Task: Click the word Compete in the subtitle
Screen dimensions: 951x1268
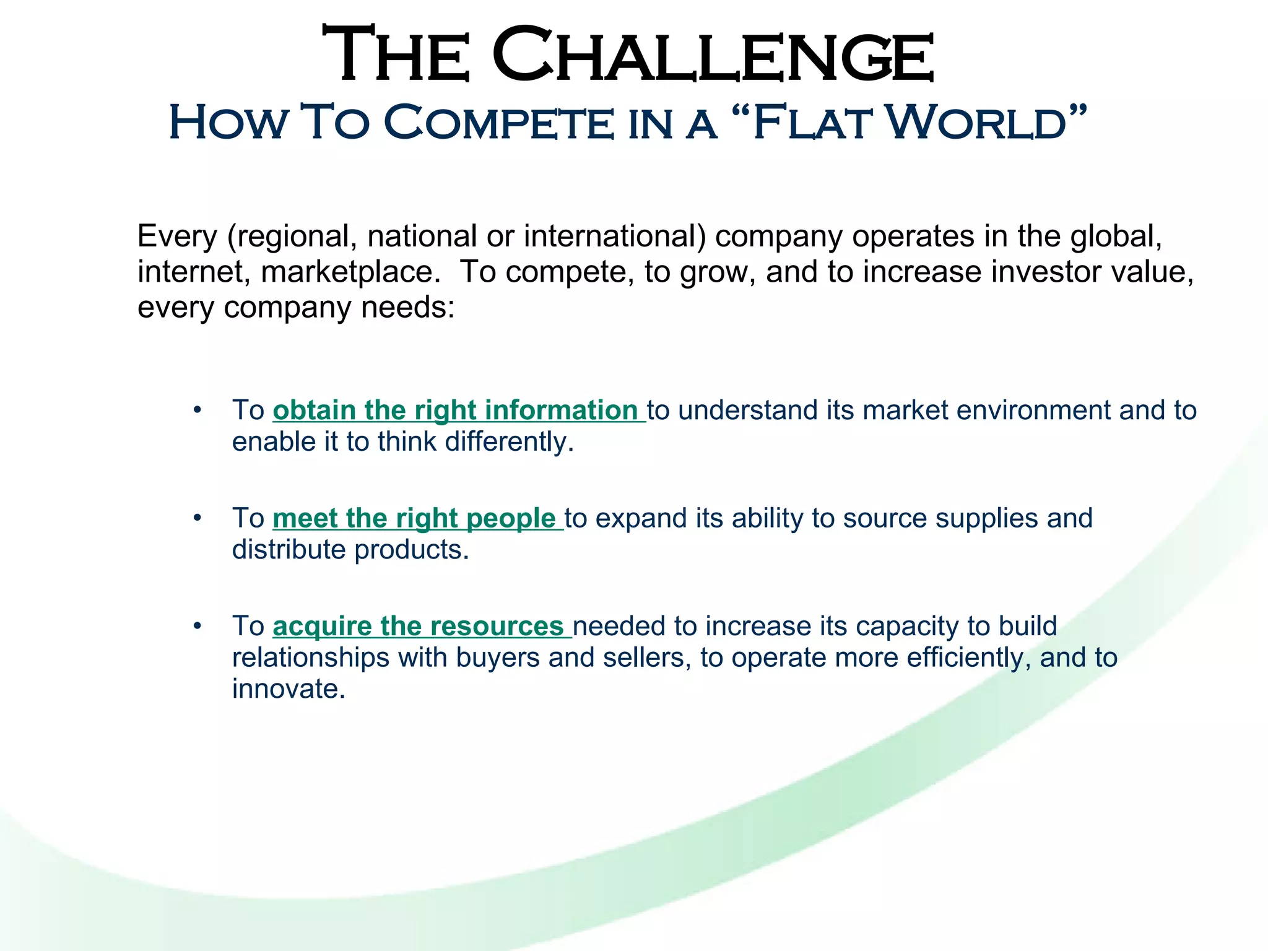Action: [498, 122]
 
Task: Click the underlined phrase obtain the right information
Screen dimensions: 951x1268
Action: [458, 410]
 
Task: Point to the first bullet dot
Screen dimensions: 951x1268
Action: [197, 409]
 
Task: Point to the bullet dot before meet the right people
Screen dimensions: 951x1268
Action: [197, 517]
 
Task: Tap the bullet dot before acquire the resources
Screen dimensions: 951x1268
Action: [197, 625]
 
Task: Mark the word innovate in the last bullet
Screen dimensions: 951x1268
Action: [288, 689]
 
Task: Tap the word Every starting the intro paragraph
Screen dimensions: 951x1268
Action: [178, 236]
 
